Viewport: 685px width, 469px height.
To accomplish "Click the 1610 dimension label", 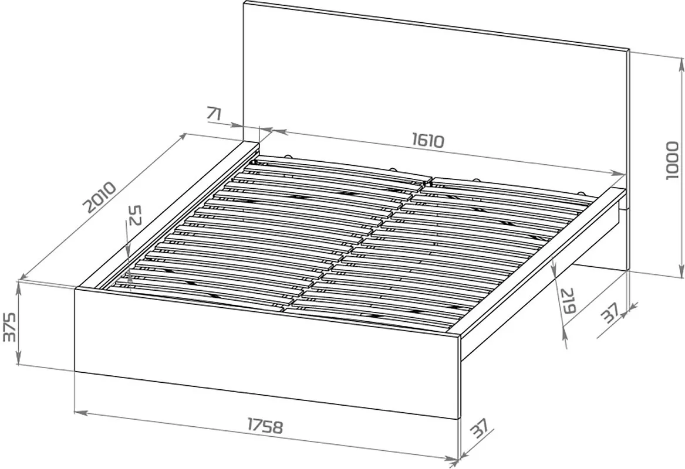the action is tap(428, 140).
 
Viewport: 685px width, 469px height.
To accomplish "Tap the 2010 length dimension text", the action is tap(100, 197).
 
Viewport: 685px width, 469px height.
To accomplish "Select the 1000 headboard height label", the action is tap(672, 160).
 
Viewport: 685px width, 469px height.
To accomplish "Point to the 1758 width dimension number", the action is tap(265, 426).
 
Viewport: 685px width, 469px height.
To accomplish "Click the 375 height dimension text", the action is tap(9, 327).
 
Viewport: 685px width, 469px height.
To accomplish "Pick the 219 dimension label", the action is tap(568, 301).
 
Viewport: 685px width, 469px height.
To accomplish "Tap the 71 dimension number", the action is tap(214, 114).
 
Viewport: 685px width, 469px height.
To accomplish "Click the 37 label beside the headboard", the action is tap(610, 313).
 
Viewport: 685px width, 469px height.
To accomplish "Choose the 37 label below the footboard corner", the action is tap(479, 429).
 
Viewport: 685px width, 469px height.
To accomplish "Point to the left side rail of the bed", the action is tap(167, 215).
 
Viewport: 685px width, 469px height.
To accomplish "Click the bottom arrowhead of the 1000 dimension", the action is tap(681, 272).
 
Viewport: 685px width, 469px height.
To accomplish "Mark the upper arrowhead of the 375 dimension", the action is tap(18, 288).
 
